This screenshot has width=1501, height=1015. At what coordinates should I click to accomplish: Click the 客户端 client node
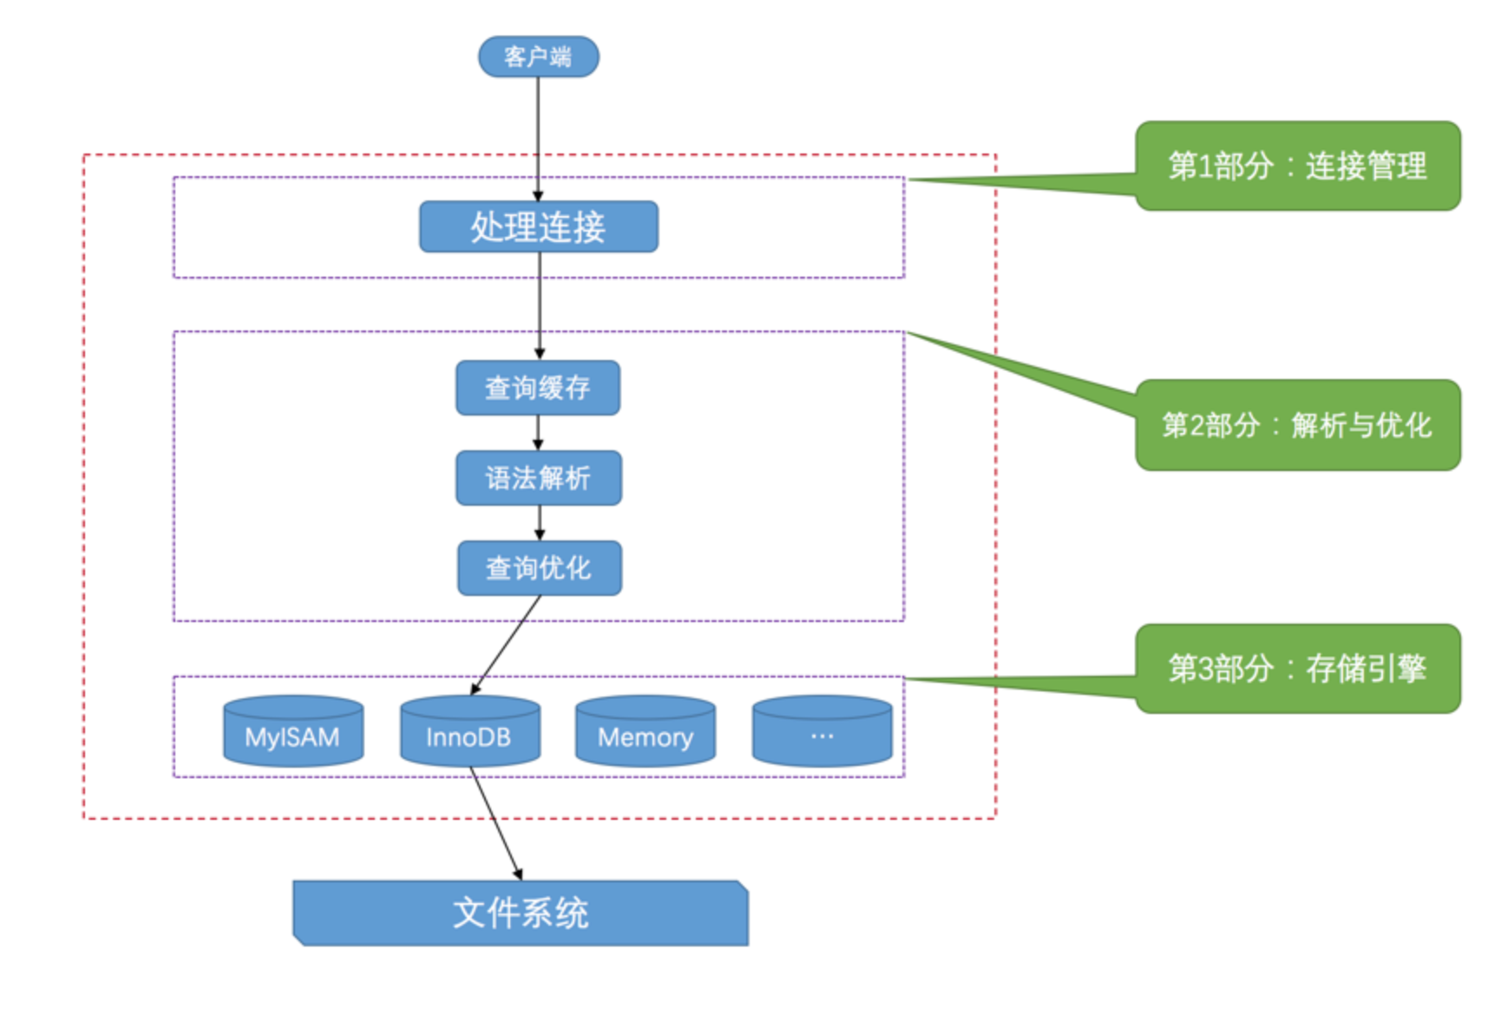(538, 56)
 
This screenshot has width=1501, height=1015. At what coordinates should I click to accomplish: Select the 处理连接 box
(538, 227)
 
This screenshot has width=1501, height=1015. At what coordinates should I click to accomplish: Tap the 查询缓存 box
(538, 388)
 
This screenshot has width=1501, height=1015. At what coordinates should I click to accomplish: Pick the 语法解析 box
(538, 478)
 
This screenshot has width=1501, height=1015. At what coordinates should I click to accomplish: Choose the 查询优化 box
(539, 568)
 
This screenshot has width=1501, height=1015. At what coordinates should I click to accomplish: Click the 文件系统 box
(521, 913)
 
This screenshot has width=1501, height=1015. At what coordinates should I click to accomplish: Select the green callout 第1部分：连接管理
(1297, 166)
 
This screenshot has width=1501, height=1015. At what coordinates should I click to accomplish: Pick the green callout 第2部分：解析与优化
(1297, 425)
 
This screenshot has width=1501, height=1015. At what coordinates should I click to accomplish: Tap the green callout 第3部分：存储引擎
(1297, 669)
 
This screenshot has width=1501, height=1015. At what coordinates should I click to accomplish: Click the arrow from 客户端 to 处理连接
(538, 130)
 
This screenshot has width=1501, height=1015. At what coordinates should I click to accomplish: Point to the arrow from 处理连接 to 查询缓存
(539, 304)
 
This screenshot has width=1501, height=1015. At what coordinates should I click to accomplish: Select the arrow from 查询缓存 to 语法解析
(538, 432)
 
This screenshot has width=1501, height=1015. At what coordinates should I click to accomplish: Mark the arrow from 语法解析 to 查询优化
(539, 522)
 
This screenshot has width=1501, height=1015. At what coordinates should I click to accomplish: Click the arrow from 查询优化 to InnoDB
(507, 644)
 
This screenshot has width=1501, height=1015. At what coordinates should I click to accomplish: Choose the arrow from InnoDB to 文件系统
(495, 822)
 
